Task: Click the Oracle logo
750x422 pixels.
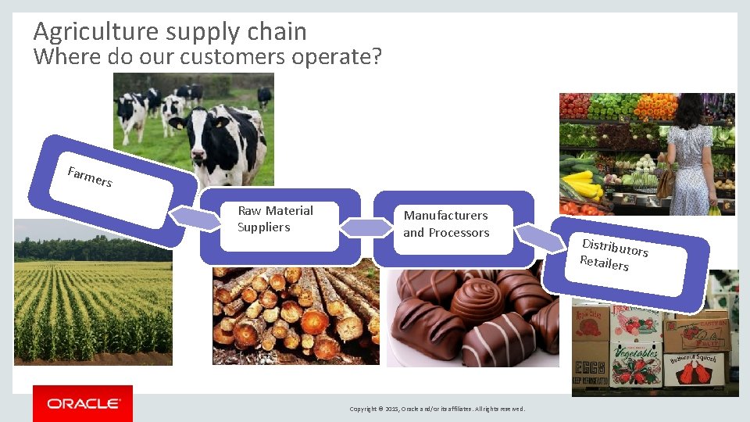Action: tap(83, 404)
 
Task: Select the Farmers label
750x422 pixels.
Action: tap(90, 177)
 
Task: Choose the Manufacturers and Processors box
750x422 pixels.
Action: tap(446, 224)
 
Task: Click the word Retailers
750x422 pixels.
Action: tap(604, 263)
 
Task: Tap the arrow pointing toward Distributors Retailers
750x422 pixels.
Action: tap(540, 236)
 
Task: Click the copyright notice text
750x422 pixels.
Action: tap(437, 409)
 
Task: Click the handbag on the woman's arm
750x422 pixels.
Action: tap(666, 184)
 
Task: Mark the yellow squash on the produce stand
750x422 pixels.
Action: tap(582, 184)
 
